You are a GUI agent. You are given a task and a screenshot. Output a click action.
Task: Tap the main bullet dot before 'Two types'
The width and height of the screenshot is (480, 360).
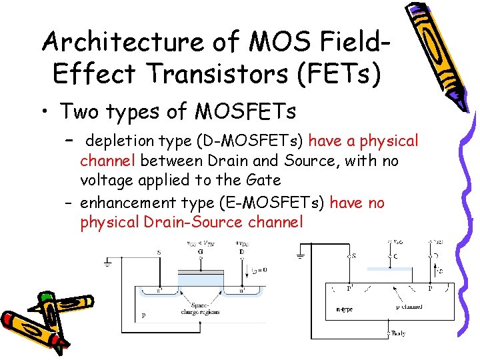47,111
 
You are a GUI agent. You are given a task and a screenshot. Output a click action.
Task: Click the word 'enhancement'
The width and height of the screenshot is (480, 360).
126,203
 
